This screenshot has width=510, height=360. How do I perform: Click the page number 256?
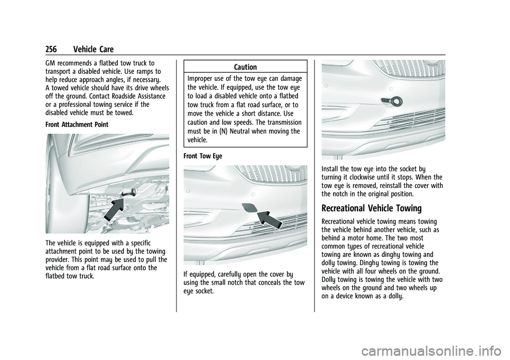pyautogui.click(x=51, y=49)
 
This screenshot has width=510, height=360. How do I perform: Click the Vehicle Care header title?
pyautogui.click(x=93, y=49)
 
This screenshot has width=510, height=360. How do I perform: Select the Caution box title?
pyautogui.click(x=245, y=67)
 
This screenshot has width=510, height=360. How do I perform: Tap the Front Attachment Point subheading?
pyautogui.click(x=77, y=125)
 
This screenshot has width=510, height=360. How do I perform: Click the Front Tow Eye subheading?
pyautogui.click(x=203, y=156)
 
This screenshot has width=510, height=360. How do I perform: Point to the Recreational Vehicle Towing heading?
pyautogui.click(x=371, y=208)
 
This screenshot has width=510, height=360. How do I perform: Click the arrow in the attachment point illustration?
pyautogui.click(x=114, y=209)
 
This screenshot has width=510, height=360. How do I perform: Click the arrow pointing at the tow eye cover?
pyautogui.click(x=269, y=220)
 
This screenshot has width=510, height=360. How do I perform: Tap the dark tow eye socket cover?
pyautogui.click(x=249, y=207)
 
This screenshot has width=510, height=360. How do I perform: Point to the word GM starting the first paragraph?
pyautogui.click(x=50, y=63)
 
